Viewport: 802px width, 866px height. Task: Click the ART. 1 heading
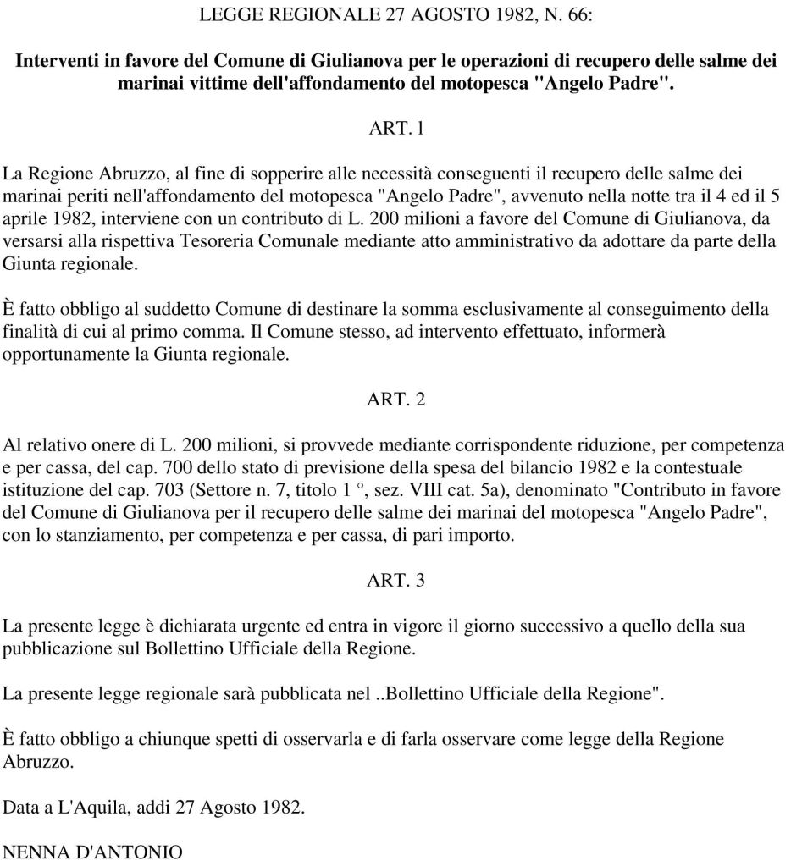(x=395, y=130)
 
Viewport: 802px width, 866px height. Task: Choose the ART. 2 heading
(x=395, y=400)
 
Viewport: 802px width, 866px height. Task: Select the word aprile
(x=25, y=219)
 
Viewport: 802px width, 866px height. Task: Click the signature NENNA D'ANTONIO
(x=92, y=852)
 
